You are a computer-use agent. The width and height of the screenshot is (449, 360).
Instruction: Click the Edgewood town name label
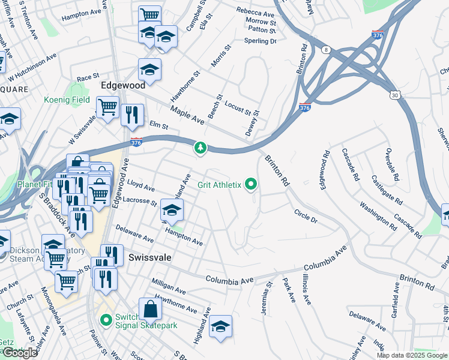pos(123,85)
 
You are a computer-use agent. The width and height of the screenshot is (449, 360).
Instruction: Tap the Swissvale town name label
pos(150,257)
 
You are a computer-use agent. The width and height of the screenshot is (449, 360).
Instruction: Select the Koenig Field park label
pos(66,100)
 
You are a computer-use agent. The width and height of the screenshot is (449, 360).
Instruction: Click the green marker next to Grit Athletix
pos(250,184)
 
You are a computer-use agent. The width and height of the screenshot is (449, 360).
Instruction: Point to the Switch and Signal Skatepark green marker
pos(106,320)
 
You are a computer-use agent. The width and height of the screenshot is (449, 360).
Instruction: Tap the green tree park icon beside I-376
pos(200,147)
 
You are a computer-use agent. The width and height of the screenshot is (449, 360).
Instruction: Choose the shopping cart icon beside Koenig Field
pos(107,108)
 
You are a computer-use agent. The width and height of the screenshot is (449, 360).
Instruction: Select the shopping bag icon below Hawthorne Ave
pos(150,310)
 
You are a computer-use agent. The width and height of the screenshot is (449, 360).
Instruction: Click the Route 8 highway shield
pos(326,49)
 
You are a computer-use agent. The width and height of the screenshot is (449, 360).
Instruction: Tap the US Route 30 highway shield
pos(394,95)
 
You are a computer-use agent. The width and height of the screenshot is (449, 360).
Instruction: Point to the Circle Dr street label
pos(306,216)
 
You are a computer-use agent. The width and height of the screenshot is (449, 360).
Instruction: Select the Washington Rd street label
pos(378,217)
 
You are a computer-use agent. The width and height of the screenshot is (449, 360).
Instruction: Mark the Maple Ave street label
pos(188,115)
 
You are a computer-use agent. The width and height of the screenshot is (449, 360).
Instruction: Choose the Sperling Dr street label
pos(259,41)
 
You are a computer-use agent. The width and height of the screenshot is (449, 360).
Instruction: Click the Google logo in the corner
pos(20,353)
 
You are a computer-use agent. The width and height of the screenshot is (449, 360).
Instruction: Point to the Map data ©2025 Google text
pos(411,355)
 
